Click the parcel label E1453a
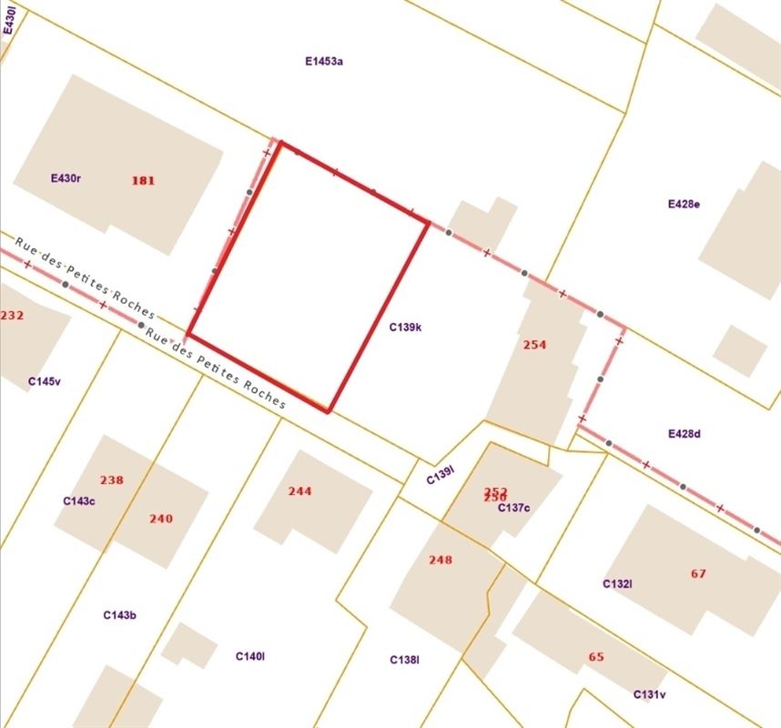(x=324, y=62)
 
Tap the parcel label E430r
(x=66, y=178)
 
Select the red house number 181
(x=143, y=180)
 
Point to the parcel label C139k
(x=405, y=327)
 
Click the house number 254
(x=535, y=345)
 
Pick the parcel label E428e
(x=684, y=204)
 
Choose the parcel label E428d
(x=684, y=434)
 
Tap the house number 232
(x=12, y=316)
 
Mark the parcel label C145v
(x=45, y=381)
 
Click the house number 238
(x=112, y=480)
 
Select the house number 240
(x=161, y=519)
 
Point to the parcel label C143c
(x=79, y=501)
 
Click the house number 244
(x=299, y=491)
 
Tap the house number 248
(x=441, y=560)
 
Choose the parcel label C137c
(x=513, y=508)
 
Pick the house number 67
(x=698, y=573)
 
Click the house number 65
(x=596, y=657)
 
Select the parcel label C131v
(x=650, y=695)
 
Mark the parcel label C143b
(x=119, y=616)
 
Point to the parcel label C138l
(x=404, y=660)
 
